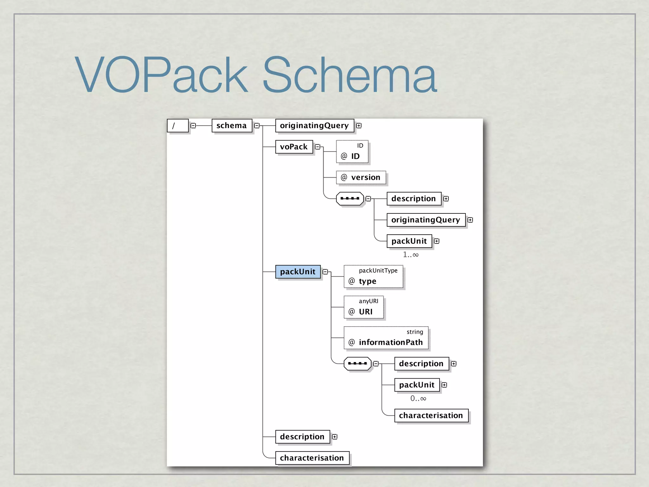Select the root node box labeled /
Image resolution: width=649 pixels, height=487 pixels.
(177, 126)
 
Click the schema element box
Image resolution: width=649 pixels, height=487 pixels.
(232, 126)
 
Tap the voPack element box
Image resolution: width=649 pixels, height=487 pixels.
(294, 147)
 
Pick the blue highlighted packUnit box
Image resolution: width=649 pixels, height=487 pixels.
(298, 272)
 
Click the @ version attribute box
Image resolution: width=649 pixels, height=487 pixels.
(361, 177)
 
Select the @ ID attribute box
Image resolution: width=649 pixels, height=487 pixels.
(352, 152)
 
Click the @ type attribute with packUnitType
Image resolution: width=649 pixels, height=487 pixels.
(373, 276)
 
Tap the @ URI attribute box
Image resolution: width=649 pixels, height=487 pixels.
(363, 307)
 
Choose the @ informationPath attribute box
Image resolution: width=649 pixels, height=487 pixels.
(386, 338)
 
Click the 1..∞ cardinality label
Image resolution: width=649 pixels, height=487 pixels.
(411, 255)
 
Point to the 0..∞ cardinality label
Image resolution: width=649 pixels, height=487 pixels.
(418, 399)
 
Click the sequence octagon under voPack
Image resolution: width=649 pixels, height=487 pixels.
(350, 198)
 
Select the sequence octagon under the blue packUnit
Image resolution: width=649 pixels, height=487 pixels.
(357, 363)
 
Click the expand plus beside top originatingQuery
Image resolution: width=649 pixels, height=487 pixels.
(359, 126)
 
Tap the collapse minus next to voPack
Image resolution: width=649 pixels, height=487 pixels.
(318, 147)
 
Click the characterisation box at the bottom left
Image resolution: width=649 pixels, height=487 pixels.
(312, 458)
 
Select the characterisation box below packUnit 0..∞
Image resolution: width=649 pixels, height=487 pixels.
(431, 415)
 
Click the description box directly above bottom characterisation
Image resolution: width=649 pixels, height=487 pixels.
(302, 437)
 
